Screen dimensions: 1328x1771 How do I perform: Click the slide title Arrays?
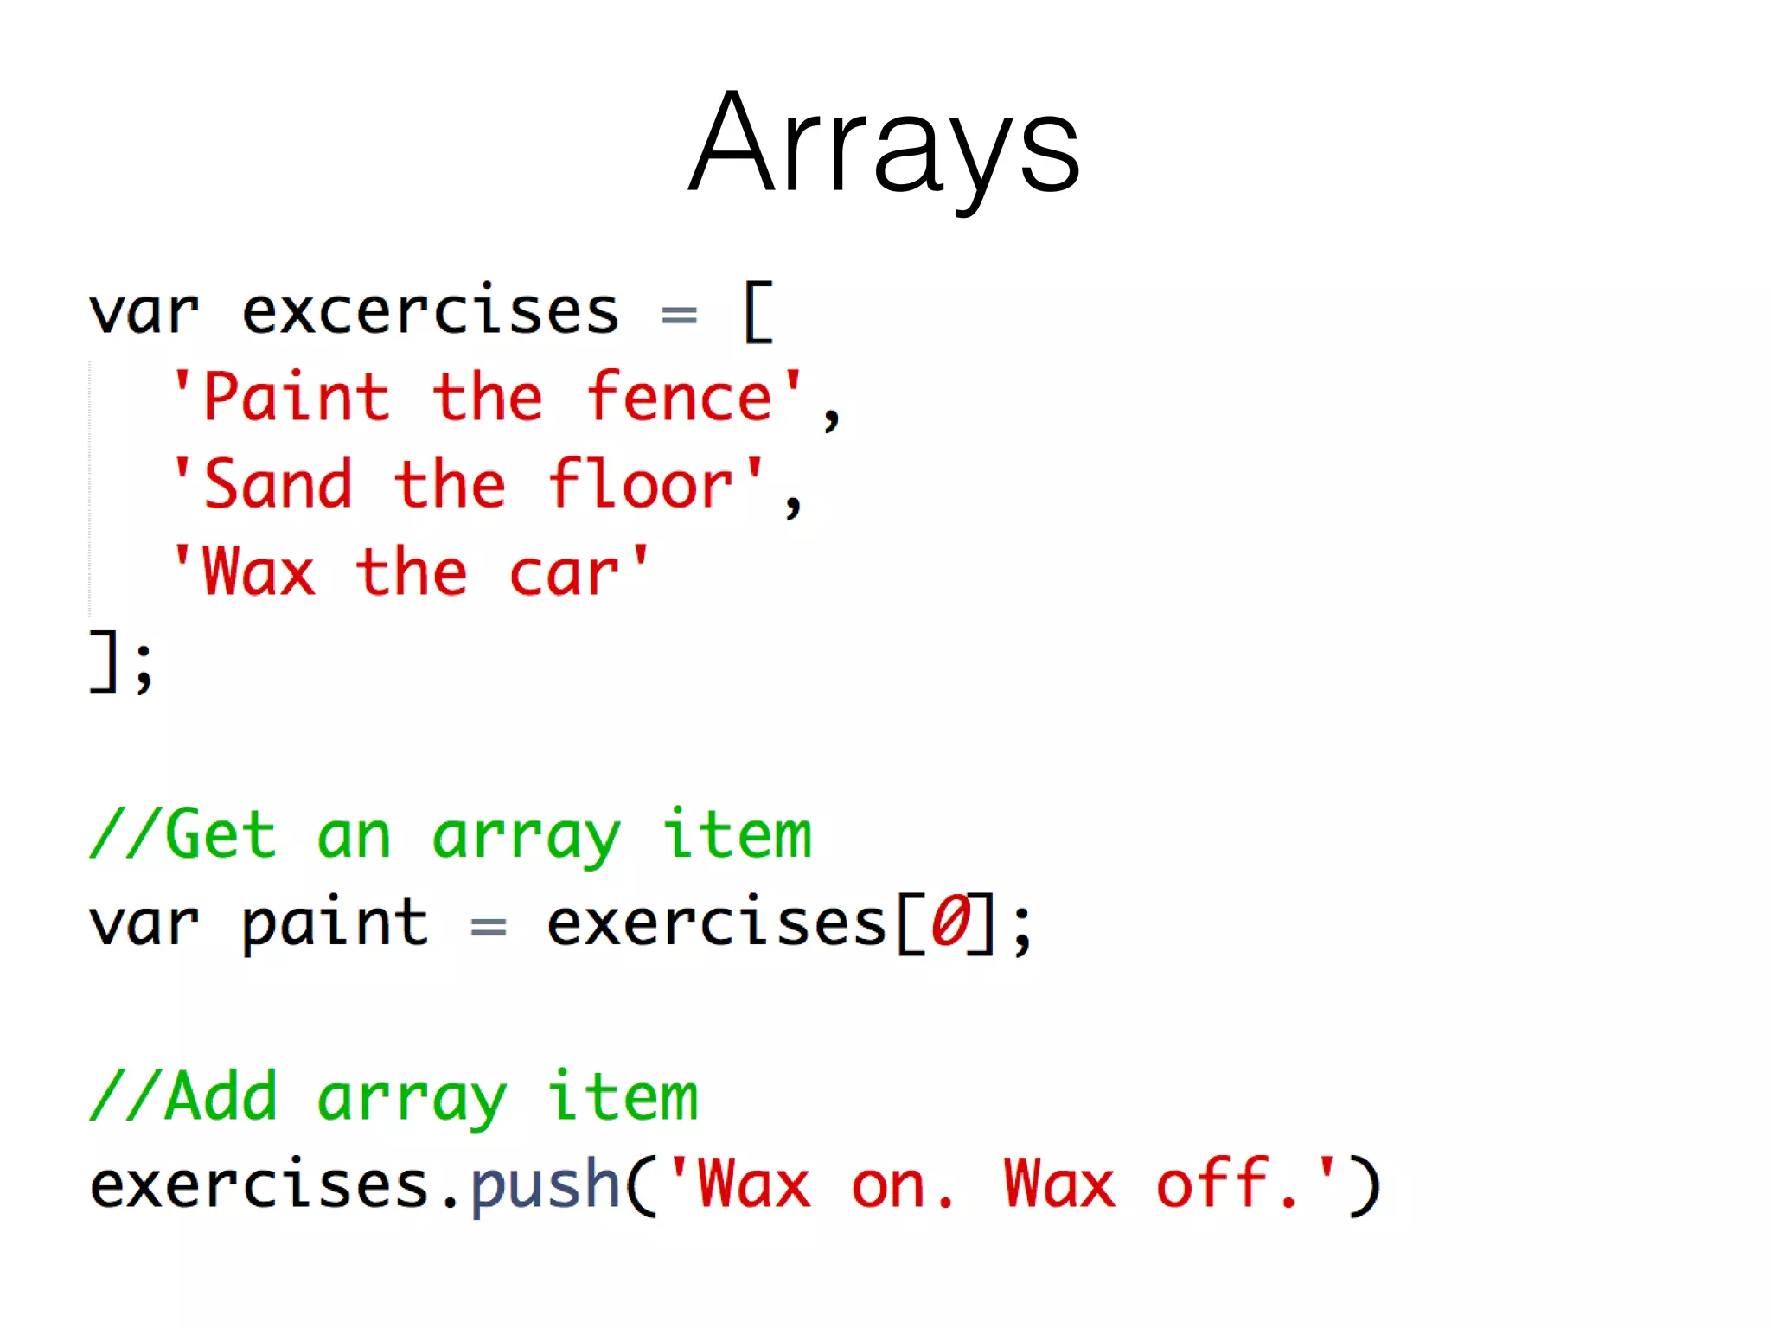pyautogui.click(x=884, y=143)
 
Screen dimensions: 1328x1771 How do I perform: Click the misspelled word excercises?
pyautogui.click(x=430, y=311)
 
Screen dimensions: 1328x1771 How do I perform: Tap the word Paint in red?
pyautogui.click(x=297, y=398)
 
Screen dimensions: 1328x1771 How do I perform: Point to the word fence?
pyautogui.click(x=680, y=398)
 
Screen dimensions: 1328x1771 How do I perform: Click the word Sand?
pyautogui.click(x=278, y=484)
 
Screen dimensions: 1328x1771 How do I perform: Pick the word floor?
pyautogui.click(x=642, y=484)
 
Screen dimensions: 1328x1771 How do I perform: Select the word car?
pyautogui.click(x=565, y=572)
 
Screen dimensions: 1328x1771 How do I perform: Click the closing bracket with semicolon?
pyautogui.click(x=121, y=661)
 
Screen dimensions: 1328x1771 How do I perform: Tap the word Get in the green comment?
pyautogui.click(x=221, y=835)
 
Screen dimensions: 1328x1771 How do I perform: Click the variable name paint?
pyautogui.click(x=335, y=923)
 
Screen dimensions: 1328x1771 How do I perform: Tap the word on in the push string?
pyautogui.click(x=888, y=1186)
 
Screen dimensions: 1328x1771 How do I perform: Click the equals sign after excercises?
pyautogui.click(x=679, y=316)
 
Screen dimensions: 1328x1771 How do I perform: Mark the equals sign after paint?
pyautogui.click(x=488, y=927)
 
